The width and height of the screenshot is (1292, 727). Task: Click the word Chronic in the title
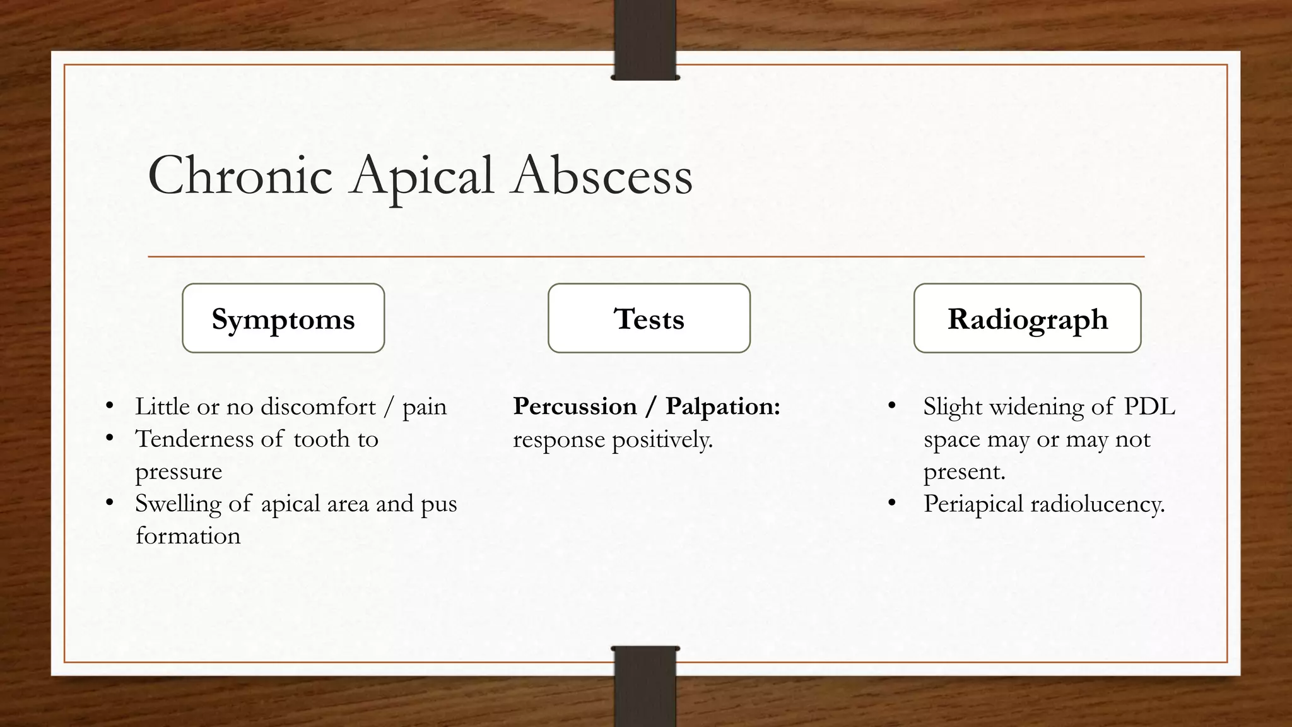pos(240,175)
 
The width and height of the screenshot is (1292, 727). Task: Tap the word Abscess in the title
pos(602,175)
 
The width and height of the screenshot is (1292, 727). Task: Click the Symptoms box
pos(283,318)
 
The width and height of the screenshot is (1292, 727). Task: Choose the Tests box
pos(649,318)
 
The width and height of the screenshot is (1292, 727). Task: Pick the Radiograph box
pos(1027,318)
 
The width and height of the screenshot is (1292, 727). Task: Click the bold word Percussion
pos(575,406)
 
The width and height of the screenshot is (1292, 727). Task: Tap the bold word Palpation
pos(723,406)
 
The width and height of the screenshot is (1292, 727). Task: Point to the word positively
pos(662,440)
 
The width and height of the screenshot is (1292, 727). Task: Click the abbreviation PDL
pos(1149,406)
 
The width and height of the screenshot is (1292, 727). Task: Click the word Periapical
pos(973,504)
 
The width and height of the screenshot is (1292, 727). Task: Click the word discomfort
pos(318,406)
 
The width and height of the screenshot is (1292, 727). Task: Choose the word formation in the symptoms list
pos(188,536)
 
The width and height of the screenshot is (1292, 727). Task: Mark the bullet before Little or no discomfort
pos(110,406)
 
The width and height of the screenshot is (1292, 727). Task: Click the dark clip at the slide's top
pos(645,39)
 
